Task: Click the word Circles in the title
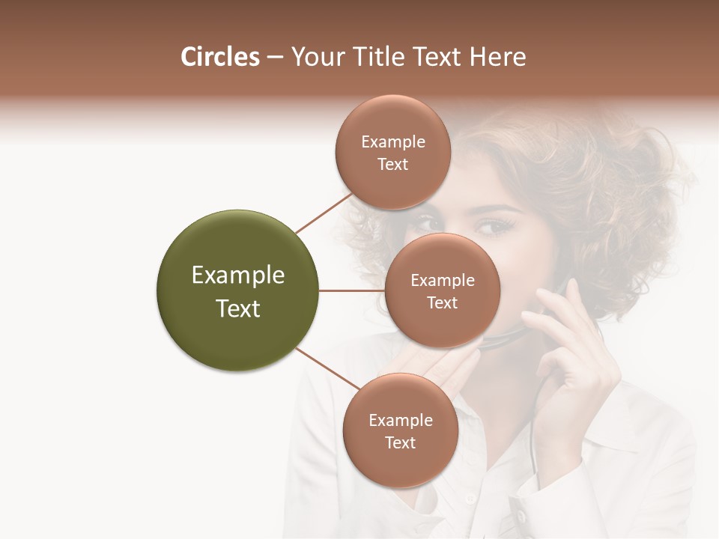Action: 219,57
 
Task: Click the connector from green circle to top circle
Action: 324,213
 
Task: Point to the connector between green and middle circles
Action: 352,290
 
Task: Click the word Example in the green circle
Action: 238,275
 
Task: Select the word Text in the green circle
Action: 238,308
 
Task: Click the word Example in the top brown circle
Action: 393,142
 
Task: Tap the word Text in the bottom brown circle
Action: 400,443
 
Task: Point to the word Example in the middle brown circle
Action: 443,281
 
